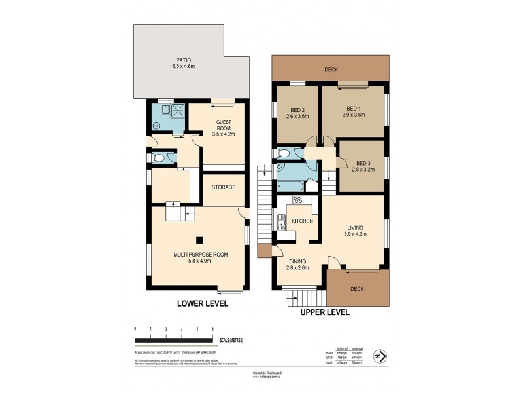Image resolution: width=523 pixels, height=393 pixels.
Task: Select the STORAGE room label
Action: coord(223,187)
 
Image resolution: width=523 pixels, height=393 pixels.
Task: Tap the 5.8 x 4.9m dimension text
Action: coord(201,261)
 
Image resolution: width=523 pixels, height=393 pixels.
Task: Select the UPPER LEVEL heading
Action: coord(325,312)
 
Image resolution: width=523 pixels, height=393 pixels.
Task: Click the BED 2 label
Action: coord(297,109)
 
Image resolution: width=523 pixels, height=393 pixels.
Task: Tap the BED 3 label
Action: coord(363,162)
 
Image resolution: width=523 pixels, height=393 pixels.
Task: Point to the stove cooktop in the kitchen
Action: coord(297,200)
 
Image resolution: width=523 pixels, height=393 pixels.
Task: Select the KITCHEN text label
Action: coord(301,221)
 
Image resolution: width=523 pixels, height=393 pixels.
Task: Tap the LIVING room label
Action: coord(355,227)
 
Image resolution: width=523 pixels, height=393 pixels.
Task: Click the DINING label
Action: coord(297,261)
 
